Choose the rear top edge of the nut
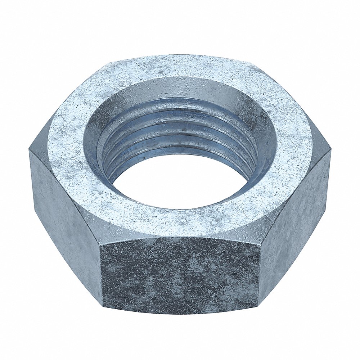180,55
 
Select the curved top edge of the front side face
180,238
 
